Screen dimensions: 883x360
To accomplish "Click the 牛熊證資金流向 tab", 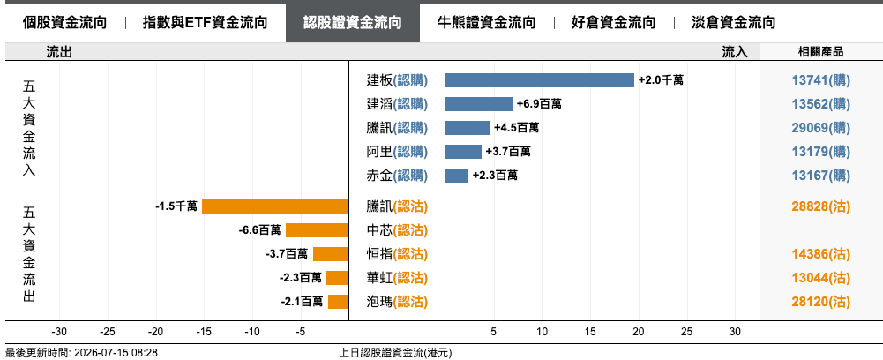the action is [487, 23].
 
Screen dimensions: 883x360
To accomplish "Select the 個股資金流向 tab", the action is [64, 23].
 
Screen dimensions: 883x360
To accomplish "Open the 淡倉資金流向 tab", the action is [733, 23].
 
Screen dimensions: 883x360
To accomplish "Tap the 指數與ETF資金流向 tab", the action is [205, 23].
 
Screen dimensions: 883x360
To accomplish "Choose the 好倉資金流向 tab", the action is [613, 23].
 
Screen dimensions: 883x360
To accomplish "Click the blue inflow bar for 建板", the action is [540, 80].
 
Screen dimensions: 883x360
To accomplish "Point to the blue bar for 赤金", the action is [457, 176].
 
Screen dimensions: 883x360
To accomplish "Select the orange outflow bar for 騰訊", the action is [275, 206].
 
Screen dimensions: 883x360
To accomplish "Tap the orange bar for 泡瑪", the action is [339, 302].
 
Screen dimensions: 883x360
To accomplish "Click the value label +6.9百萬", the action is [539, 104].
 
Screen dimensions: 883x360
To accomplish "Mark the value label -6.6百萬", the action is [259, 230].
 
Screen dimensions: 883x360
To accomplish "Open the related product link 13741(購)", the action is [821, 80].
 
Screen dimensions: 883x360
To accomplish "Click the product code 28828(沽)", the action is [821, 206].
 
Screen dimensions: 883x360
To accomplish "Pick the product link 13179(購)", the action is [821, 152].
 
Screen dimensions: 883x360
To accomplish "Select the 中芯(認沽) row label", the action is [397, 230].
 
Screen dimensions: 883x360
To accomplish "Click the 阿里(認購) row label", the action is [397, 152].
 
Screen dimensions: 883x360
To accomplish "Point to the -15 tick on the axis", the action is [204, 331].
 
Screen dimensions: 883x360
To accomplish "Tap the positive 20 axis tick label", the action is [639, 331].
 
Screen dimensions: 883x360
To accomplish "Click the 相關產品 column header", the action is [820, 52].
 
